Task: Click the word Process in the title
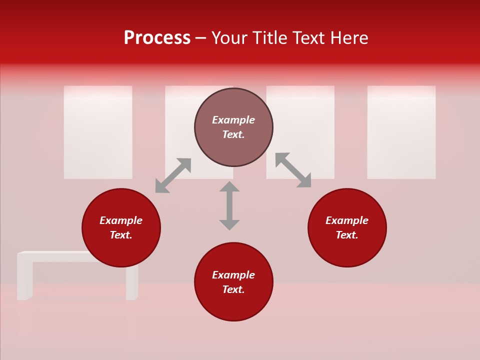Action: [x=157, y=38]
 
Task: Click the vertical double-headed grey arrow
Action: [x=229, y=205]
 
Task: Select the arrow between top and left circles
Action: [x=173, y=175]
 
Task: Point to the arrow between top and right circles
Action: [x=293, y=170]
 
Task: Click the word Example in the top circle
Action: [x=233, y=120]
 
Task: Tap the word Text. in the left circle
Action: [x=121, y=235]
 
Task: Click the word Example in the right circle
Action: [x=347, y=220]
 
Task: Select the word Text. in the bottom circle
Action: [x=233, y=289]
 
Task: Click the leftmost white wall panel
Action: [x=98, y=132]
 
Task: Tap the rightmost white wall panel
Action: [x=401, y=132]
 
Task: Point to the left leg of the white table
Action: [x=25, y=277]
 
